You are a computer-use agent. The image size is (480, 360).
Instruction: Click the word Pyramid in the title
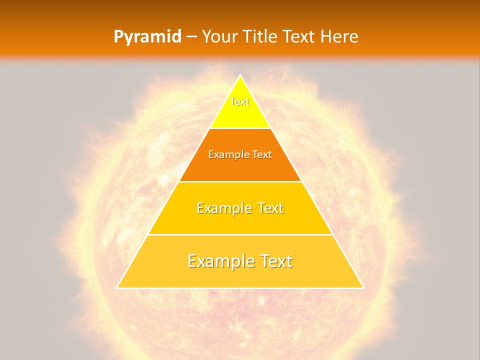(147, 36)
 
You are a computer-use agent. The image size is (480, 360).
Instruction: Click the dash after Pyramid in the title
(191, 37)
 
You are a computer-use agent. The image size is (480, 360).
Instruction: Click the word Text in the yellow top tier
(240, 101)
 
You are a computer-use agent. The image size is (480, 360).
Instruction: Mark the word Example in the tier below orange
(222, 208)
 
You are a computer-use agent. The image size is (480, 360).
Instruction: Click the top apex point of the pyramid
(240, 75)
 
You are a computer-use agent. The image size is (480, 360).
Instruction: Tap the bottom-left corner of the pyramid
(117, 287)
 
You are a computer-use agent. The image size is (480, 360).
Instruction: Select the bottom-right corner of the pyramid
(363, 287)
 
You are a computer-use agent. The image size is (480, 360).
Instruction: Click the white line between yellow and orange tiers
(240, 128)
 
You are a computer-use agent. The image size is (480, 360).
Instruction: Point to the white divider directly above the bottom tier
(240, 234)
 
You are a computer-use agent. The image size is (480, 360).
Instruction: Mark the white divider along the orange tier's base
(240, 181)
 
